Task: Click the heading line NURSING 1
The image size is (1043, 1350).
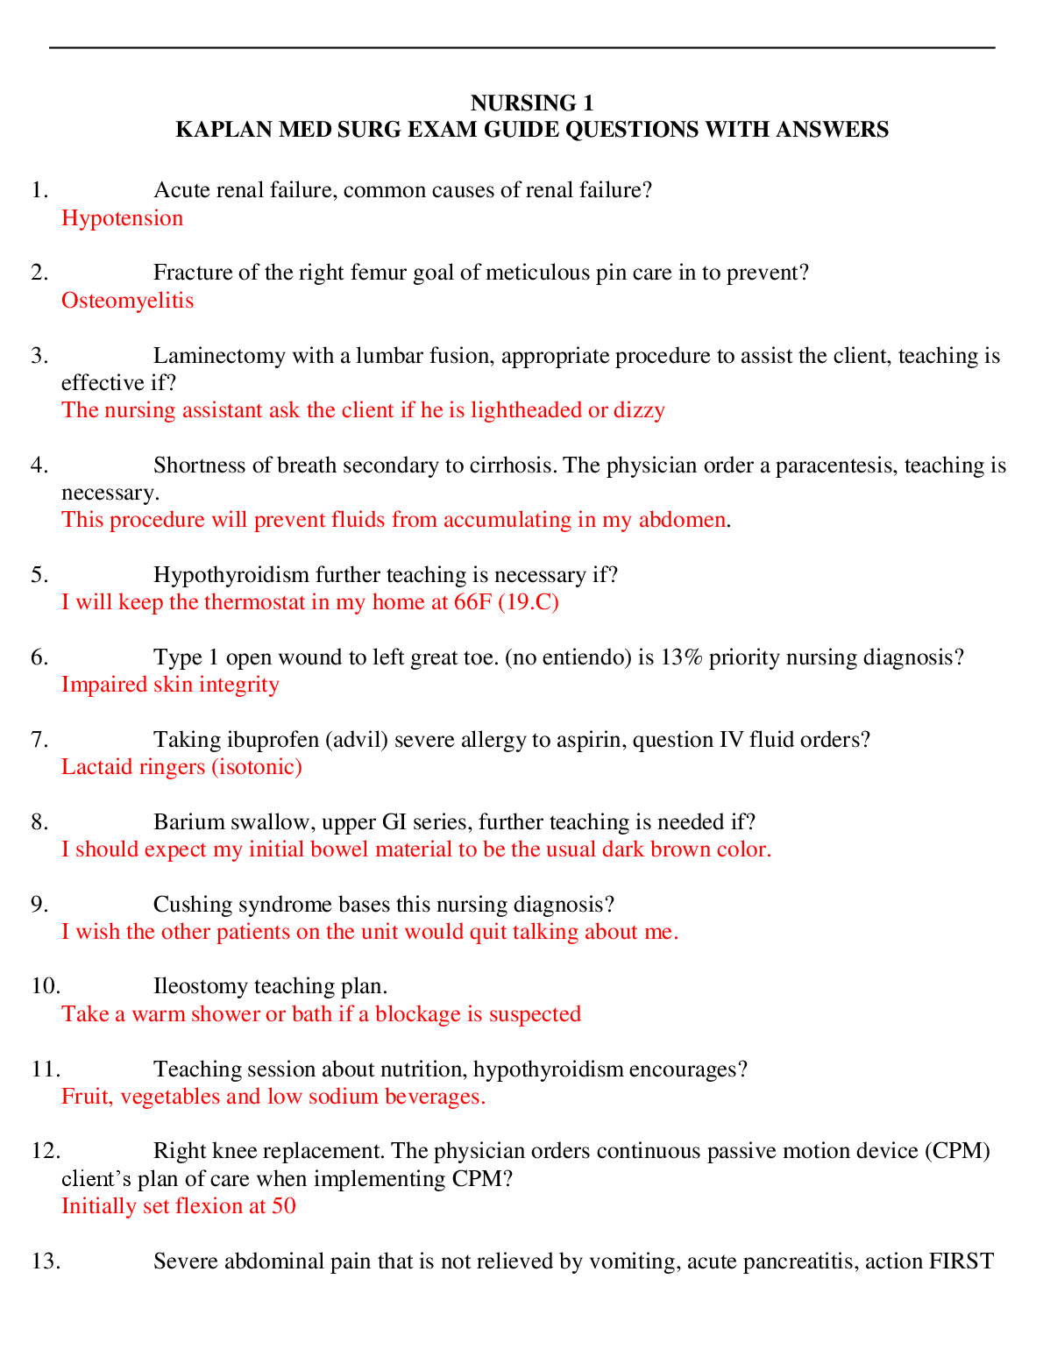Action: [532, 103]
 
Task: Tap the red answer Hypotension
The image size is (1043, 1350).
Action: [123, 218]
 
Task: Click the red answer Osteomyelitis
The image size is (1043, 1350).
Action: [128, 301]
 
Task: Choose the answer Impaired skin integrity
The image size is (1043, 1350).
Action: [170, 685]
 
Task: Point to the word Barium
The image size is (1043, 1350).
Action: [183, 822]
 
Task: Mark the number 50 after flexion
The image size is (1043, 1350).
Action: [284, 1206]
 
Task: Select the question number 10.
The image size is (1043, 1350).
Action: [45, 986]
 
